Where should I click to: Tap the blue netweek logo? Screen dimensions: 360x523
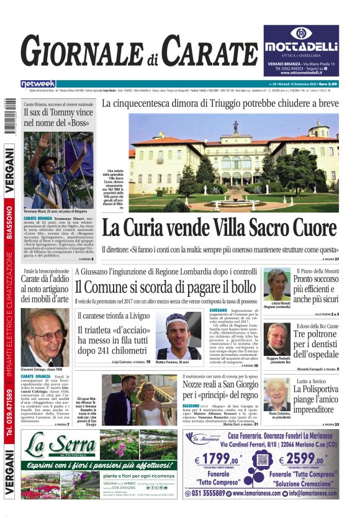[38, 84]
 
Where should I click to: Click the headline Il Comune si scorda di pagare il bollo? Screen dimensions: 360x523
[165, 287]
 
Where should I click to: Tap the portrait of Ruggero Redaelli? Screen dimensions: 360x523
[277, 339]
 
